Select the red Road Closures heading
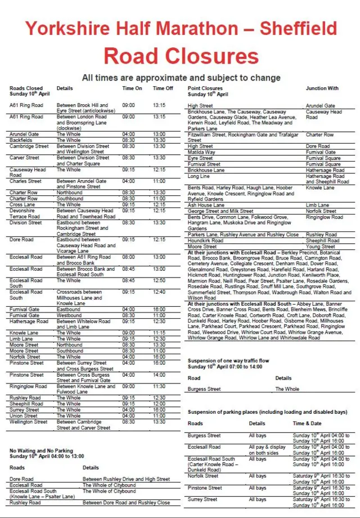tap(181, 55)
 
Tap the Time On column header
tap(132, 88)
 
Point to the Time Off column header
tap(163, 88)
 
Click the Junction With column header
tap(322, 88)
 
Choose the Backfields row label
tap(22, 140)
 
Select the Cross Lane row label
tap(22, 204)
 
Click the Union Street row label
tap(24, 416)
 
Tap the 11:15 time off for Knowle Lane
tap(159, 333)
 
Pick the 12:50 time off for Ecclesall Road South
tap(159, 280)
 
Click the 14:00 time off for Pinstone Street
tap(159, 374)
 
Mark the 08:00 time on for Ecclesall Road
tap(128, 257)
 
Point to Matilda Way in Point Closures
tap(201, 152)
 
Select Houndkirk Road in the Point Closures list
tap(205, 240)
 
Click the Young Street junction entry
tap(321, 247)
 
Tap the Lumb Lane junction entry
tap(318, 205)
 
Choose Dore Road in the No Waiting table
tap(22, 479)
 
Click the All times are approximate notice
tap(181, 77)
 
